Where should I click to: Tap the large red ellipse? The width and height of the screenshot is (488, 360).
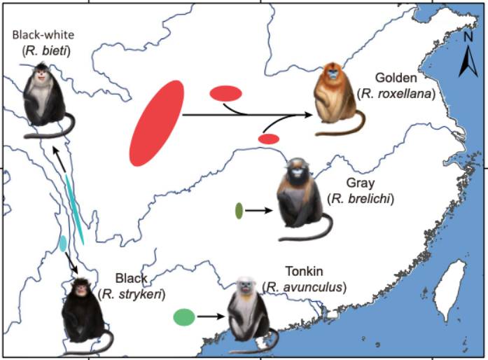point(157,123)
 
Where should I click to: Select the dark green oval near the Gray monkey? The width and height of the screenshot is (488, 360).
point(239,209)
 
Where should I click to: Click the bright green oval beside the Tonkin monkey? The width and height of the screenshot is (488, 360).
point(183,317)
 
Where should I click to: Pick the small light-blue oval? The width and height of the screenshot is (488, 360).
point(63,243)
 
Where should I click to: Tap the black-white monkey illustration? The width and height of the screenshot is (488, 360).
point(43,94)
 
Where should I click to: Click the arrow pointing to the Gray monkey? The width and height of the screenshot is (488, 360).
point(258,209)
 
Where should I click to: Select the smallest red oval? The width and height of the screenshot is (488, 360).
point(269,139)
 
